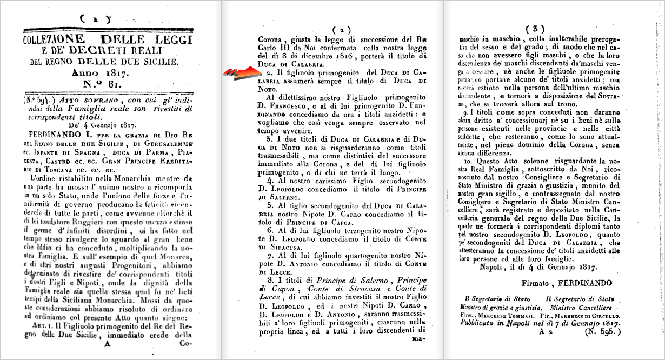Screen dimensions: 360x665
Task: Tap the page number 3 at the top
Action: click(x=534, y=29)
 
